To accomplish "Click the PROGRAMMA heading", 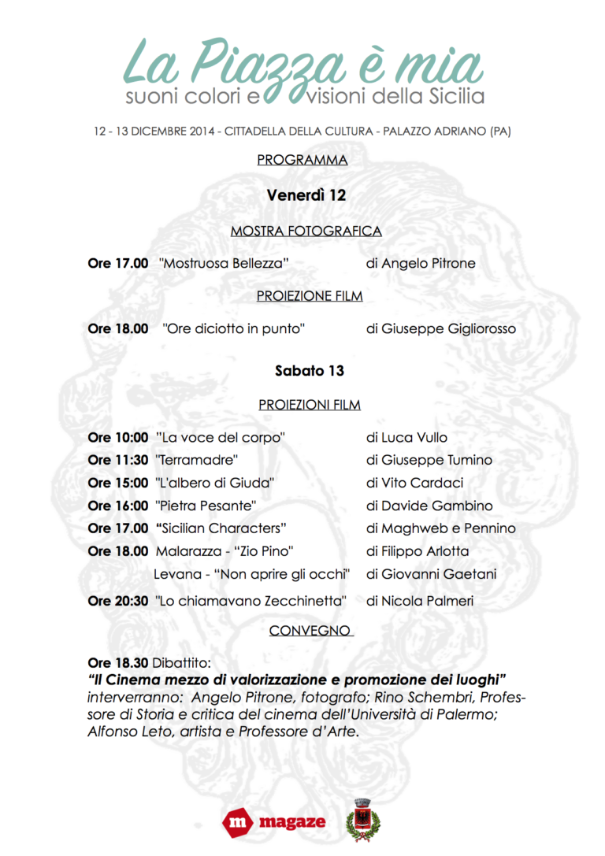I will (x=302, y=160).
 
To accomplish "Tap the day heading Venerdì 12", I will (x=306, y=195).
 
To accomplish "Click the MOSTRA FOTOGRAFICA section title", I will (x=306, y=231).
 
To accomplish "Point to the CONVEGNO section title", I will (x=310, y=631).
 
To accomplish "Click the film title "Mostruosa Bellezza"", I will (x=224, y=264).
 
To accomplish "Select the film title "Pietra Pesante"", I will (x=206, y=506).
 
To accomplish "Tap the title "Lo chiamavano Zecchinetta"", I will (x=251, y=601).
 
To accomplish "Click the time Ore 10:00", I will (x=118, y=437).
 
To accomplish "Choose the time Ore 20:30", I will (x=118, y=601).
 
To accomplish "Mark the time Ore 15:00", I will (x=118, y=483).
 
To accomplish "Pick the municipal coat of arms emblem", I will (x=363, y=819).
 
